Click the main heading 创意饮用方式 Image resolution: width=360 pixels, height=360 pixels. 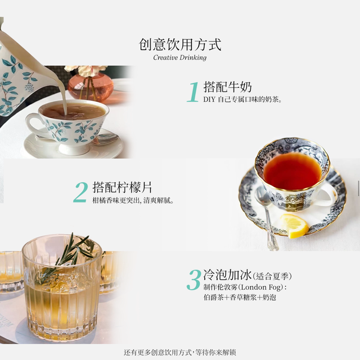[180, 44]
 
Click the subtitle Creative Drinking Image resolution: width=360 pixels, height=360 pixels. [180, 57]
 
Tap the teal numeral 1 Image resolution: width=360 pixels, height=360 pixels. [193, 92]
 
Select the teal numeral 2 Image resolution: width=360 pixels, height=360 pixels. [80, 192]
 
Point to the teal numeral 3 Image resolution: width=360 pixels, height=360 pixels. [194, 280]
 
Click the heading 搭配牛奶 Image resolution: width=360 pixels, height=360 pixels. [227, 87]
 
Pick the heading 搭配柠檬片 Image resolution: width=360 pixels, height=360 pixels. [122, 187]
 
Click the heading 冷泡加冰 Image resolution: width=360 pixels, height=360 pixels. [227, 275]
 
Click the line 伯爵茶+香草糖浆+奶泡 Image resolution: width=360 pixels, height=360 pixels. [240, 298]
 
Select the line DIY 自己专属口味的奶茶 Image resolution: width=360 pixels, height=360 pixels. [242, 100]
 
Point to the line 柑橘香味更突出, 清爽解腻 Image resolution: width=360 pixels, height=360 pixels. [133, 200]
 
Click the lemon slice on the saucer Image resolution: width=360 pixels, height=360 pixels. [294, 226]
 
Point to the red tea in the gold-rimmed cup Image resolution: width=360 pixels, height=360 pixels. [292, 171]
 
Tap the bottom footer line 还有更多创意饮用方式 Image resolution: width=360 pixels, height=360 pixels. [180, 352]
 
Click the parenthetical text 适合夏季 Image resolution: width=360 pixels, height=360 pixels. [272, 276]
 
